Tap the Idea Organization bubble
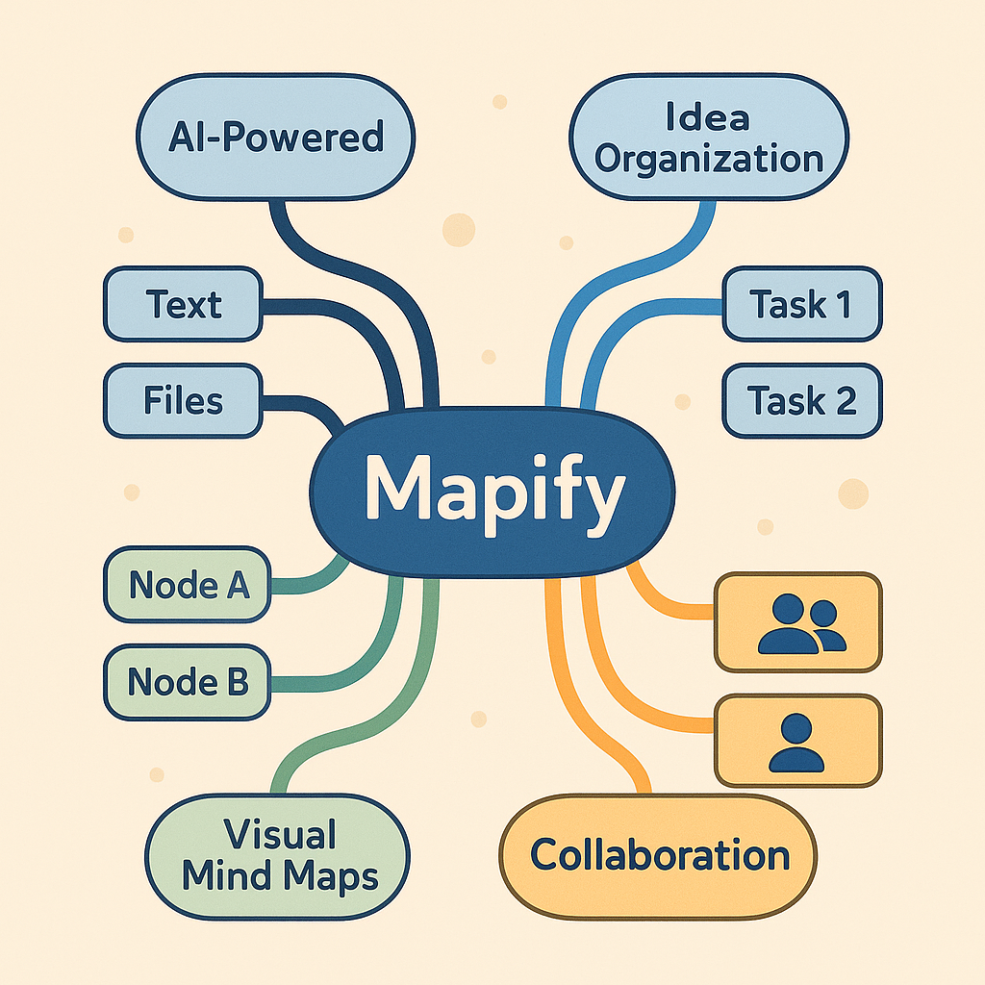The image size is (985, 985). pos(708,138)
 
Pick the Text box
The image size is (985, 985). pos(184,305)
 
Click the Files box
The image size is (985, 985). pos(183,399)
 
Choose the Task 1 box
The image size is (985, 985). pos(801,305)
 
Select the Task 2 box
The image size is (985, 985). pos(801,399)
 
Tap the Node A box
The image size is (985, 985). pos(188,585)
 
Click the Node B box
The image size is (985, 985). pos(188,681)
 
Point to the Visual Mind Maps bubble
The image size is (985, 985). pos(278,855)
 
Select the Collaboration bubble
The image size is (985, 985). pos(659,855)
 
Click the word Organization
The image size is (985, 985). pos(709,158)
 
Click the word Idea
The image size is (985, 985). pos(707,118)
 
